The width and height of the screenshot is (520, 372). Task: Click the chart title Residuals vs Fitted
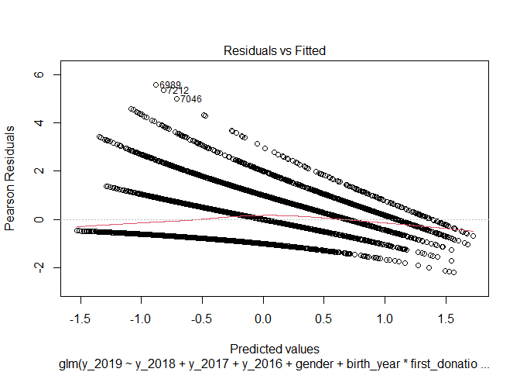click(x=275, y=51)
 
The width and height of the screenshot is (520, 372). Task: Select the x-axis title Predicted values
click(x=275, y=349)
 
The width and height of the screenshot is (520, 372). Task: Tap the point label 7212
click(x=178, y=91)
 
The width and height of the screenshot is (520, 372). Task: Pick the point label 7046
click(x=191, y=99)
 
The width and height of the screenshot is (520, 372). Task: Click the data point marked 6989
click(x=156, y=84)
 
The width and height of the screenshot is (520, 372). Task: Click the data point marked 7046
click(x=176, y=98)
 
